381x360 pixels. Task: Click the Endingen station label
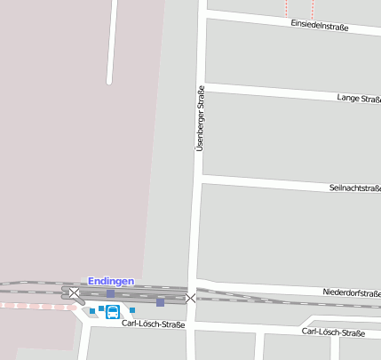[111, 281]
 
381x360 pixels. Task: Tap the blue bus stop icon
[113, 312]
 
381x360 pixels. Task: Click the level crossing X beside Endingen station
[75, 292]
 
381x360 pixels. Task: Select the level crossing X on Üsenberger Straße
[190, 298]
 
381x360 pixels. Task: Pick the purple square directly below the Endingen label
[110, 293]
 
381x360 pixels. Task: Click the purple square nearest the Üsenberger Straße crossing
[160, 302]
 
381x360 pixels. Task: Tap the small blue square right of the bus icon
[132, 310]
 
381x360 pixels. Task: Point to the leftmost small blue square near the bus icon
[91, 311]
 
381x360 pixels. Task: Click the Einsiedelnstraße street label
[319, 27]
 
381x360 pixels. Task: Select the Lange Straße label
[359, 97]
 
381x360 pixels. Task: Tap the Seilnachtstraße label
[354, 188]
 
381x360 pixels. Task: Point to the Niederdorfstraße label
[351, 292]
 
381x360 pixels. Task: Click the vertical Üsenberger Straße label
[200, 117]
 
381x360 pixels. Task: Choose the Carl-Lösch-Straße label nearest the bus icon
[153, 324]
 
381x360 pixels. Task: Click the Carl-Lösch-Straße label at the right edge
[333, 332]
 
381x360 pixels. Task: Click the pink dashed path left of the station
[36, 305]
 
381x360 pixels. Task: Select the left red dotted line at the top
[287, 8]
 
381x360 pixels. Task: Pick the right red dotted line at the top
[313, 8]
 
